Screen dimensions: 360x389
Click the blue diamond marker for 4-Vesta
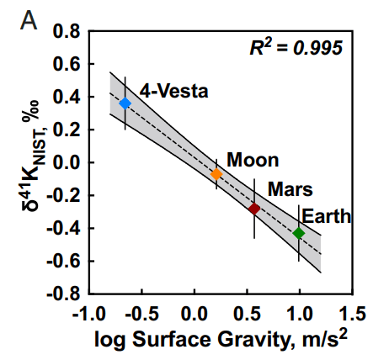(125, 103)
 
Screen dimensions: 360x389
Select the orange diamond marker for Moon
(216, 174)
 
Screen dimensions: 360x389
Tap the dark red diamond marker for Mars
(254, 208)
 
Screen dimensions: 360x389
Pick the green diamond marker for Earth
(299, 233)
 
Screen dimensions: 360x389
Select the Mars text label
(291, 188)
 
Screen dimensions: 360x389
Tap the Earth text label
(327, 216)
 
